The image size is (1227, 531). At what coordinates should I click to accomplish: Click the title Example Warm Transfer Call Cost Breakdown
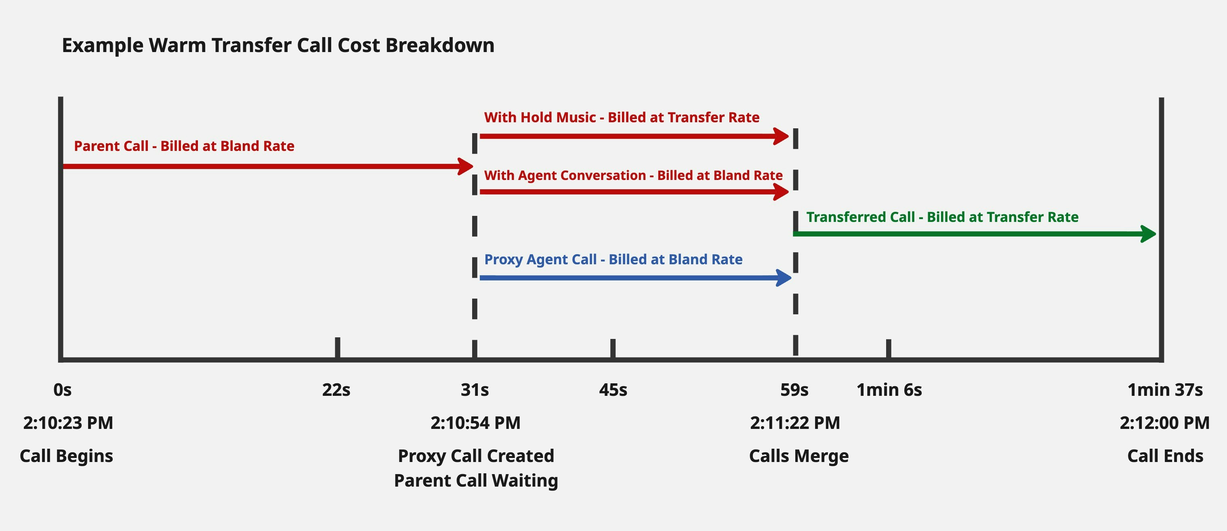click(278, 46)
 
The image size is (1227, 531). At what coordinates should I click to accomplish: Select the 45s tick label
click(613, 390)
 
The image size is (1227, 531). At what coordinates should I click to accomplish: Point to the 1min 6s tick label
click(889, 390)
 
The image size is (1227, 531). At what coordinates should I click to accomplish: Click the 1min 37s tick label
click(1165, 390)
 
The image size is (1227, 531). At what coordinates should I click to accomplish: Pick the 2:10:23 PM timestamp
click(68, 423)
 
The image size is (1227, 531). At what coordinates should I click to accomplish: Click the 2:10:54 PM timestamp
click(475, 423)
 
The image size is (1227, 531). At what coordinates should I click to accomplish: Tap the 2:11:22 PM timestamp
click(795, 423)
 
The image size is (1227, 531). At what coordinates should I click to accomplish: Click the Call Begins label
click(66, 456)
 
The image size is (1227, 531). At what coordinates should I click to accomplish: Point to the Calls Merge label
click(799, 456)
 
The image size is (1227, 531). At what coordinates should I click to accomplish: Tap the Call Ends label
click(1165, 456)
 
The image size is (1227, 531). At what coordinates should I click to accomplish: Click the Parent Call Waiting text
click(476, 481)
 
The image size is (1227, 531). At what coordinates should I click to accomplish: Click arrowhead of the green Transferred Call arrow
click(1149, 234)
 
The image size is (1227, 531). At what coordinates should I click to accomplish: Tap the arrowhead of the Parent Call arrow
click(466, 167)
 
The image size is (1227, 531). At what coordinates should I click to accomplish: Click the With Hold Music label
click(622, 117)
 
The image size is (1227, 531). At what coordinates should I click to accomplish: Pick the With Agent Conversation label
click(633, 176)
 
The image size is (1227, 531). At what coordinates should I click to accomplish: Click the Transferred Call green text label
click(942, 217)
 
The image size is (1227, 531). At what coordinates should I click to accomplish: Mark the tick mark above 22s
click(337, 347)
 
